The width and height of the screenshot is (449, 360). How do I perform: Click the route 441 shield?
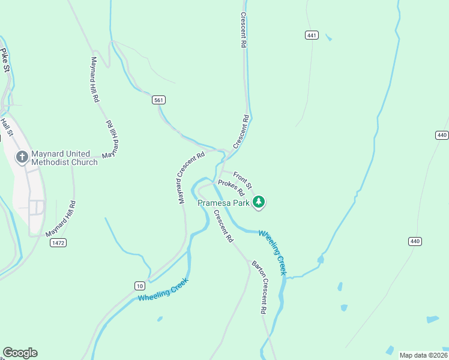click(311, 35)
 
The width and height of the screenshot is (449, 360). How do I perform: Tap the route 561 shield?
click(158, 100)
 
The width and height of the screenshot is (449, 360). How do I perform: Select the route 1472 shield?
click(58, 242)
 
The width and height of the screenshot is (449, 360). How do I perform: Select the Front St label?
click(243, 178)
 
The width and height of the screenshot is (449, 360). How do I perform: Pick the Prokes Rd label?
click(232, 188)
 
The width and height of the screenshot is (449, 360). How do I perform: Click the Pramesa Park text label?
click(223, 203)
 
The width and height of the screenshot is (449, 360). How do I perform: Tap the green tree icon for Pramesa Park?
click(259, 202)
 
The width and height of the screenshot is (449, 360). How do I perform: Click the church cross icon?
click(22, 158)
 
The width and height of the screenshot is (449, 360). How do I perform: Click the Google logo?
click(20, 353)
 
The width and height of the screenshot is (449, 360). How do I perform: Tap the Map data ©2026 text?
click(423, 355)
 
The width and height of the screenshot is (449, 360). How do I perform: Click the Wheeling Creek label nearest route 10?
click(163, 289)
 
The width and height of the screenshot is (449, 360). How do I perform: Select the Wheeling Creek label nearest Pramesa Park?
click(273, 253)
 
